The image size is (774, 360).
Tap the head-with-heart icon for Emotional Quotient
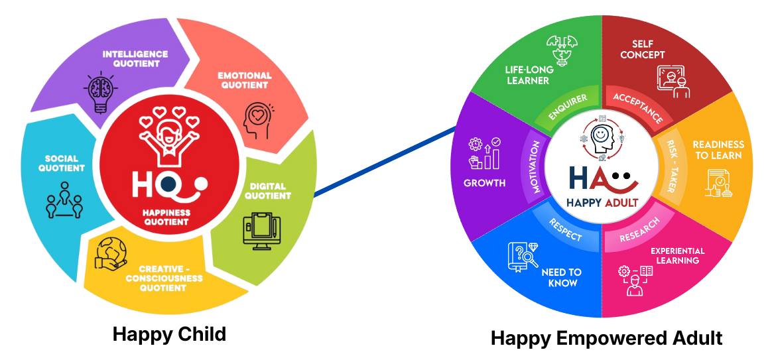click(257, 118)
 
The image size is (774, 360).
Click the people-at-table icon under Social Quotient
click(64, 202)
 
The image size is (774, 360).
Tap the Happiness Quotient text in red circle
click(166, 217)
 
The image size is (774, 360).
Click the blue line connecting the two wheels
click(385, 160)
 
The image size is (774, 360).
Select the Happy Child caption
click(169, 333)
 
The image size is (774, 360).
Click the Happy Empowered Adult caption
click(606, 339)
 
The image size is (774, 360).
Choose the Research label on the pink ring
click(640, 230)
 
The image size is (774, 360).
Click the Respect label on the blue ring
click(566, 227)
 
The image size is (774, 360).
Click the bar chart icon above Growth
click(485, 153)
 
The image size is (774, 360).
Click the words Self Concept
click(642, 49)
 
